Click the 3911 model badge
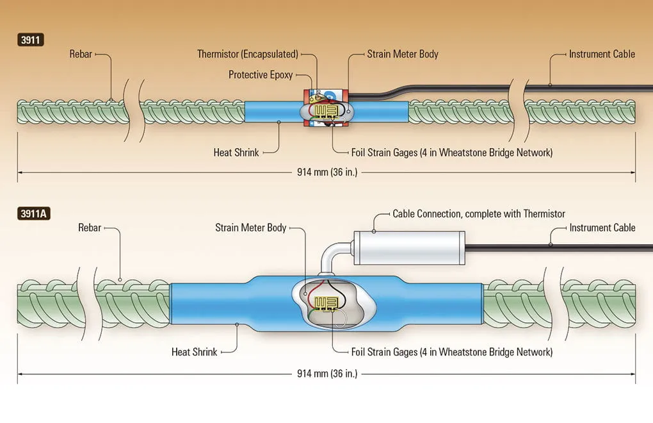30,40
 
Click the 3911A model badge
34,214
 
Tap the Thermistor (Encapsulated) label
248,54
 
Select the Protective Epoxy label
261,75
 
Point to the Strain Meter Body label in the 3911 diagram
403,54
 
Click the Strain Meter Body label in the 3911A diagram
251,228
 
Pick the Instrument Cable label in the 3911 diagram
602,54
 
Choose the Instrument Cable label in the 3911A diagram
602,228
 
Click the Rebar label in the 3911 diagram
81,54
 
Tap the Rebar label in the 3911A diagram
90,228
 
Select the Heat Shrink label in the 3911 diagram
236,153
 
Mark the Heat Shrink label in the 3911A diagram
195,352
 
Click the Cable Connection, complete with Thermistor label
479,214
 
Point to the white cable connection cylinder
409,248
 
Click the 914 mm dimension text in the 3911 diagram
327,172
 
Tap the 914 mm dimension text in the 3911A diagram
327,374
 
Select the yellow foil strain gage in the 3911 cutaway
326,111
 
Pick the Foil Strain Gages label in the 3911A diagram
452,352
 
